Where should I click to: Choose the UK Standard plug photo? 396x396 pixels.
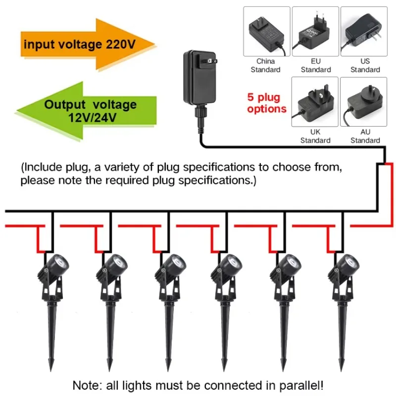pyautogui.click(x=315, y=101)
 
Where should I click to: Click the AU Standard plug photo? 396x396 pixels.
pyautogui.click(x=365, y=101)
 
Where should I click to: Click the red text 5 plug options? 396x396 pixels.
pyautogui.click(x=267, y=102)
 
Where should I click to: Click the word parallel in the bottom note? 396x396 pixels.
pyautogui.click(x=306, y=385)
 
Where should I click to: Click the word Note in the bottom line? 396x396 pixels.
pyautogui.click(x=85, y=385)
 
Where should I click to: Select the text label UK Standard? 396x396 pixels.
pyautogui.click(x=315, y=136)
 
